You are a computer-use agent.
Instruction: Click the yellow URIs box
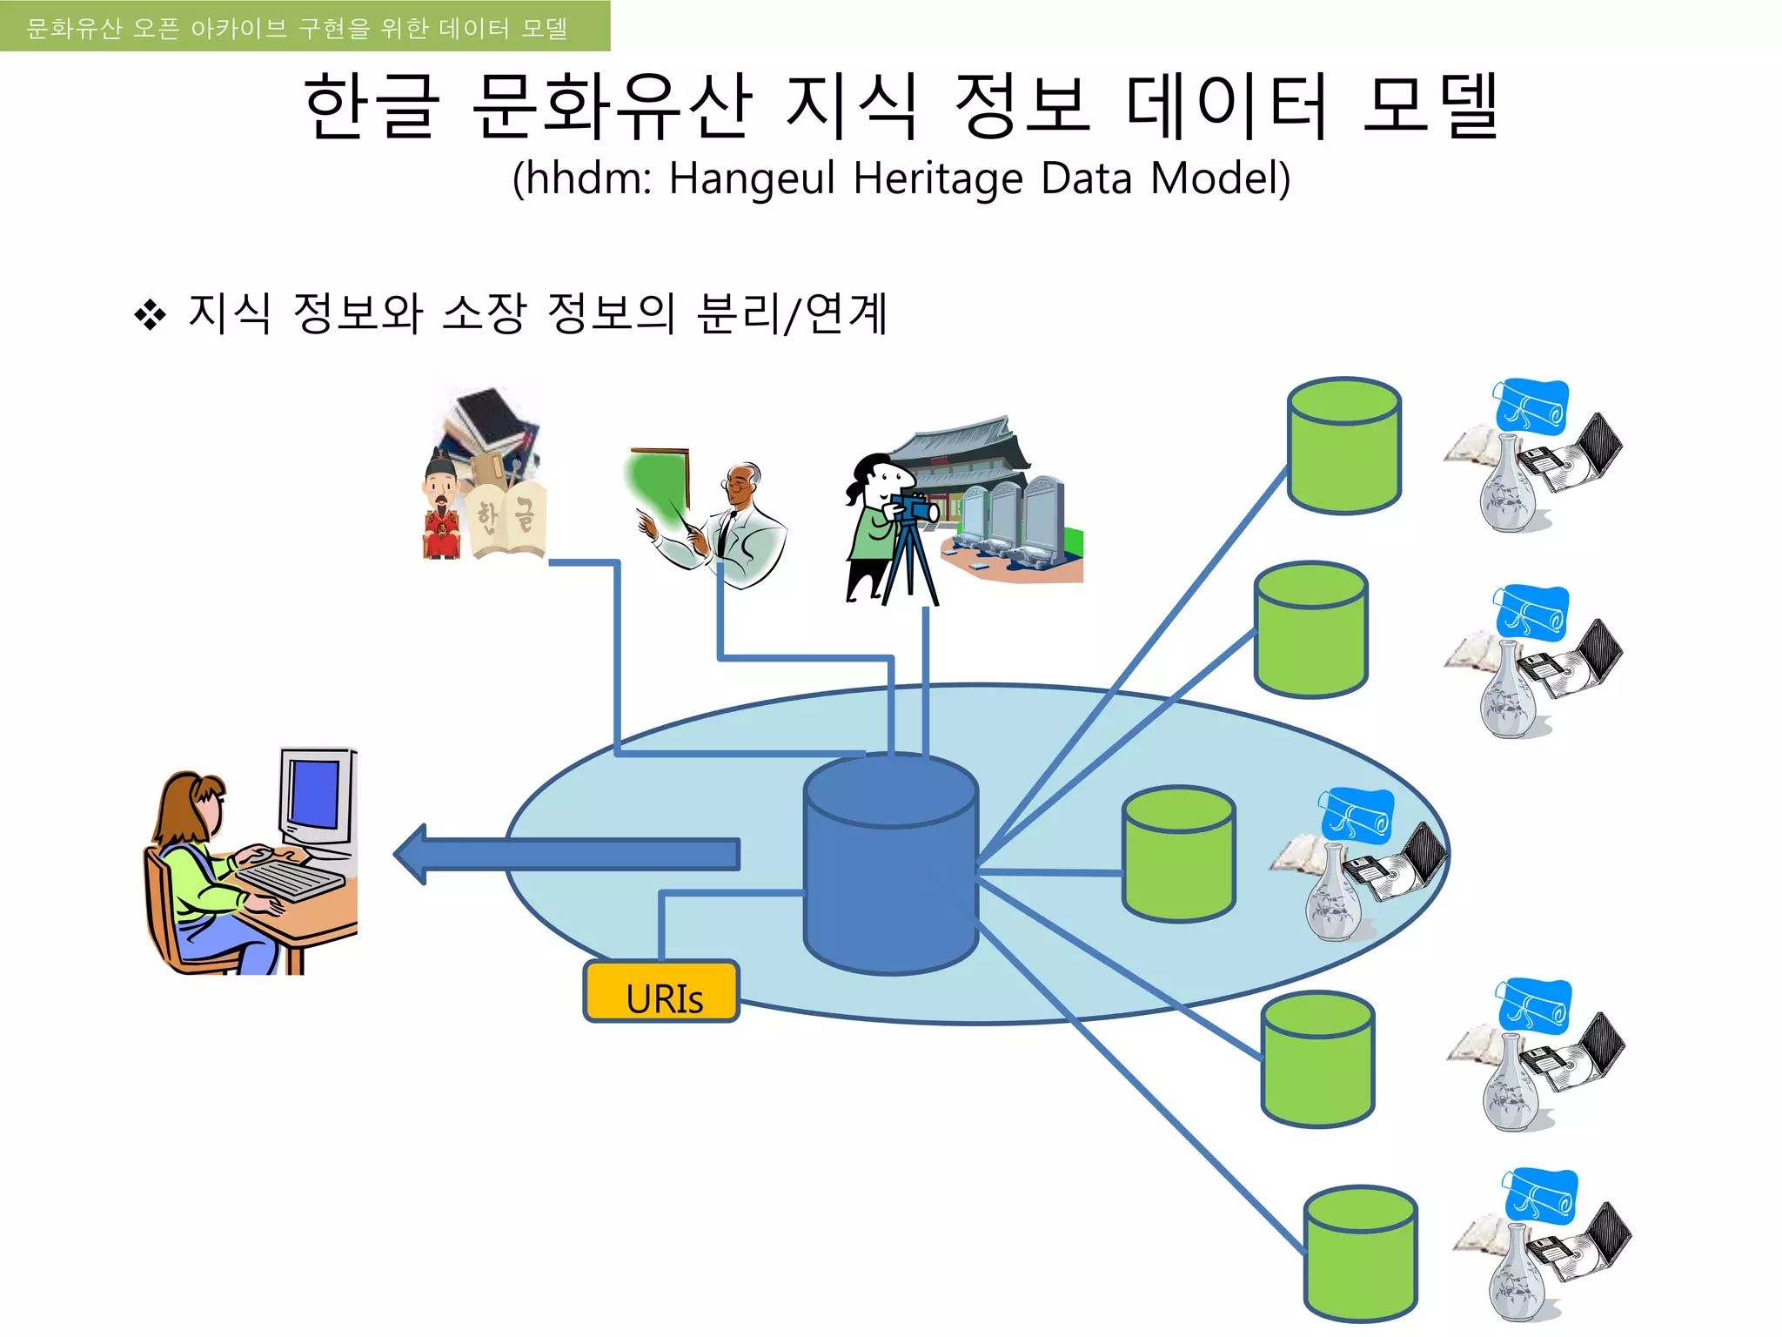coord(661,991)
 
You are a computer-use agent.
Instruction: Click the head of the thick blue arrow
coord(413,854)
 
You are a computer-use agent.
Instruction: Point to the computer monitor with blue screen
coord(315,794)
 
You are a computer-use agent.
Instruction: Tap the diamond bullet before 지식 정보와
coord(150,315)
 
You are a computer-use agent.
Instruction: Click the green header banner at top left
coord(305,26)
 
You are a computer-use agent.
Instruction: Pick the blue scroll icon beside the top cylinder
coord(1531,406)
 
